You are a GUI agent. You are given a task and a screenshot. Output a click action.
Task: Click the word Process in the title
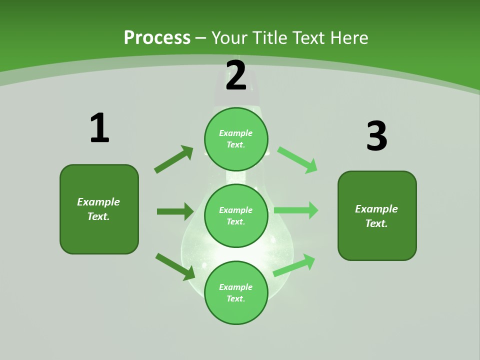(x=157, y=37)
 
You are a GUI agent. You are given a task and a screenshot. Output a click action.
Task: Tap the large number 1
(x=99, y=128)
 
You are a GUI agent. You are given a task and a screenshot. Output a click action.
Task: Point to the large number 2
(x=236, y=75)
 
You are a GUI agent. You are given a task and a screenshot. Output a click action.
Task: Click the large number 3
(x=376, y=136)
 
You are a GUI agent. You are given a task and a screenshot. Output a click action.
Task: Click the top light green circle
(x=236, y=139)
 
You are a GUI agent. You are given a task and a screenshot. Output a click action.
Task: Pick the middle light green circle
(x=236, y=215)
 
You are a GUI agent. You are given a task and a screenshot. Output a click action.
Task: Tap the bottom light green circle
(x=236, y=292)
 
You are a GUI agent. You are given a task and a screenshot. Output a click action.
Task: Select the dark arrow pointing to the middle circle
(x=175, y=211)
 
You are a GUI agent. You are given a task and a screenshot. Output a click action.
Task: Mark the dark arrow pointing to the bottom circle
(x=175, y=266)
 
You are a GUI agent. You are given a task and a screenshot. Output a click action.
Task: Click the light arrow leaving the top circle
(x=297, y=159)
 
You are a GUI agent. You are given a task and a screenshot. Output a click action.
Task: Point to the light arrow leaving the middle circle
(x=296, y=210)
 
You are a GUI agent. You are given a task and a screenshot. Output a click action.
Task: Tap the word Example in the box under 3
(x=376, y=209)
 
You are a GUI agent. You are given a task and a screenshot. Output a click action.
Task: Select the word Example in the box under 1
(x=98, y=202)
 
